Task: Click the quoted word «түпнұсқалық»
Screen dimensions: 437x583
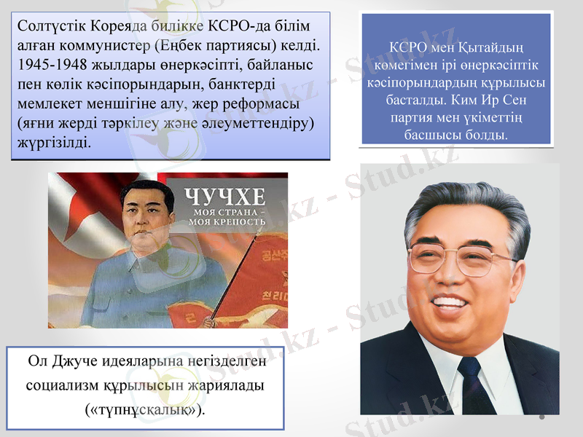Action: click(x=144, y=408)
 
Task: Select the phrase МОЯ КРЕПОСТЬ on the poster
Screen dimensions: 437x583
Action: click(x=226, y=221)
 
